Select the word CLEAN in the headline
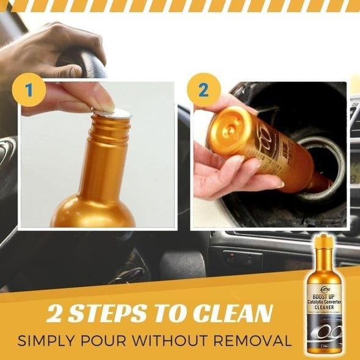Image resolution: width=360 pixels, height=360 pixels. click(x=234, y=314)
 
